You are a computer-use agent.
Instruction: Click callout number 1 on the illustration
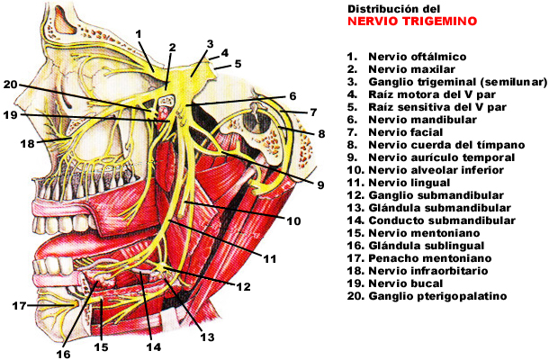[x=139, y=33]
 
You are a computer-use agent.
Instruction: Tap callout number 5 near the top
[x=238, y=65]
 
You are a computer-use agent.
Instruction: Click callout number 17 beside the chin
[x=20, y=306]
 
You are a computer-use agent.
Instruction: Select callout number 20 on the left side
[x=10, y=85]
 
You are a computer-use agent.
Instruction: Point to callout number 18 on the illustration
[x=26, y=143]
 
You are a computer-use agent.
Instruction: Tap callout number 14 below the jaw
[x=153, y=347]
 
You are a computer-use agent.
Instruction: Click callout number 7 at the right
[x=314, y=112]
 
